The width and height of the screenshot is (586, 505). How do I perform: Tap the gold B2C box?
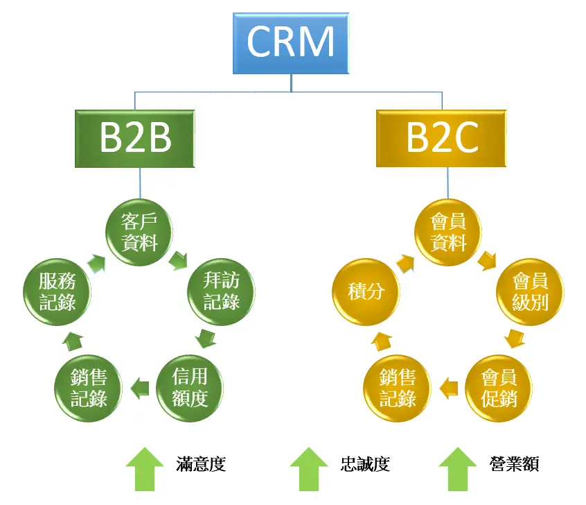[442, 138]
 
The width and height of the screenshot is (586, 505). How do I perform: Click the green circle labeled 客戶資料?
[139, 233]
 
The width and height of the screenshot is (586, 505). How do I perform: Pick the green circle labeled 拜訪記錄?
[222, 292]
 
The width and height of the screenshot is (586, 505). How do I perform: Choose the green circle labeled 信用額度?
[189, 388]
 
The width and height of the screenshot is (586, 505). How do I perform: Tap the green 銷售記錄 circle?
[88, 389]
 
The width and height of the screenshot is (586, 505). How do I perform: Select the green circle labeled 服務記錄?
[57, 292]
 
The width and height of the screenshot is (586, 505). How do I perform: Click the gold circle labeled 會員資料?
[448, 233]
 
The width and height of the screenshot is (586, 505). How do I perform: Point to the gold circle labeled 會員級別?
[531, 292]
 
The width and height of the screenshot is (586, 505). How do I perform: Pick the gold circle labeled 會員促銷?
[498, 388]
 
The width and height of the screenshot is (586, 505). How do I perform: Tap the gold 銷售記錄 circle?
[398, 389]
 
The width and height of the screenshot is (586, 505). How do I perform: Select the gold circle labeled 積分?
[366, 292]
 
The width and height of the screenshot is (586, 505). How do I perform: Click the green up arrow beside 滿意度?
[145, 468]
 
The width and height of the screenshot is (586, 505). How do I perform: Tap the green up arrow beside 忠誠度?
[309, 468]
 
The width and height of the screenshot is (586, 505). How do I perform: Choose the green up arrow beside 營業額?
[459, 468]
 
